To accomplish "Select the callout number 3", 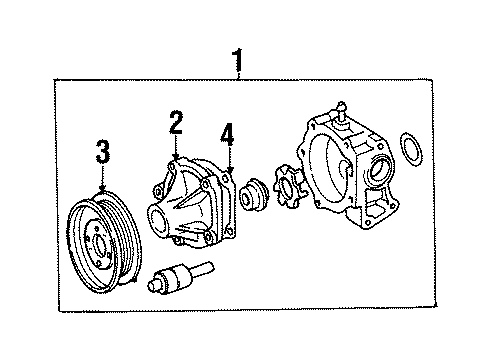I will [x=101, y=153].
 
